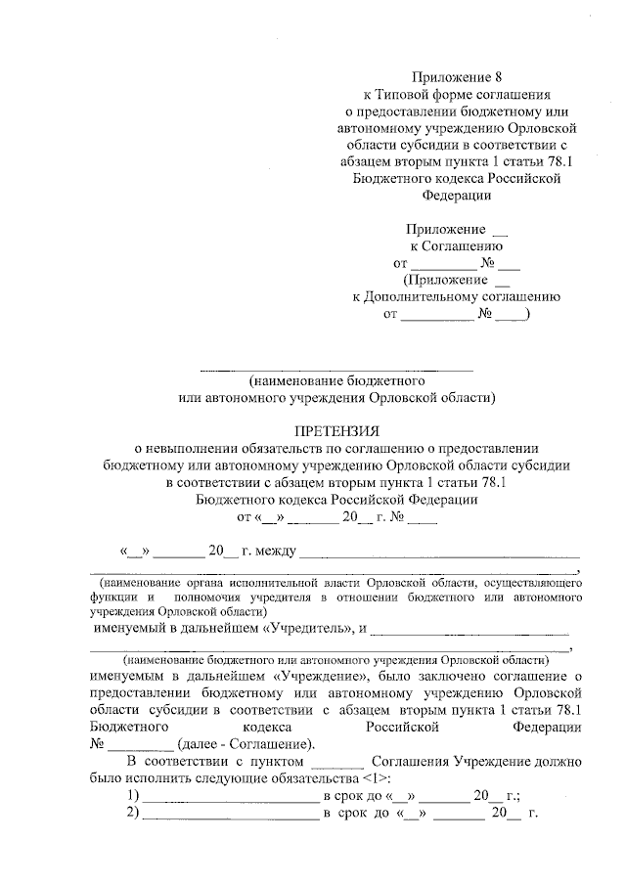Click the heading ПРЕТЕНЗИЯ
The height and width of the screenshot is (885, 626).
[x=336, y=430]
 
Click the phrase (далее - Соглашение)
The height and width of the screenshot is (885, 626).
[x=260, y=742]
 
